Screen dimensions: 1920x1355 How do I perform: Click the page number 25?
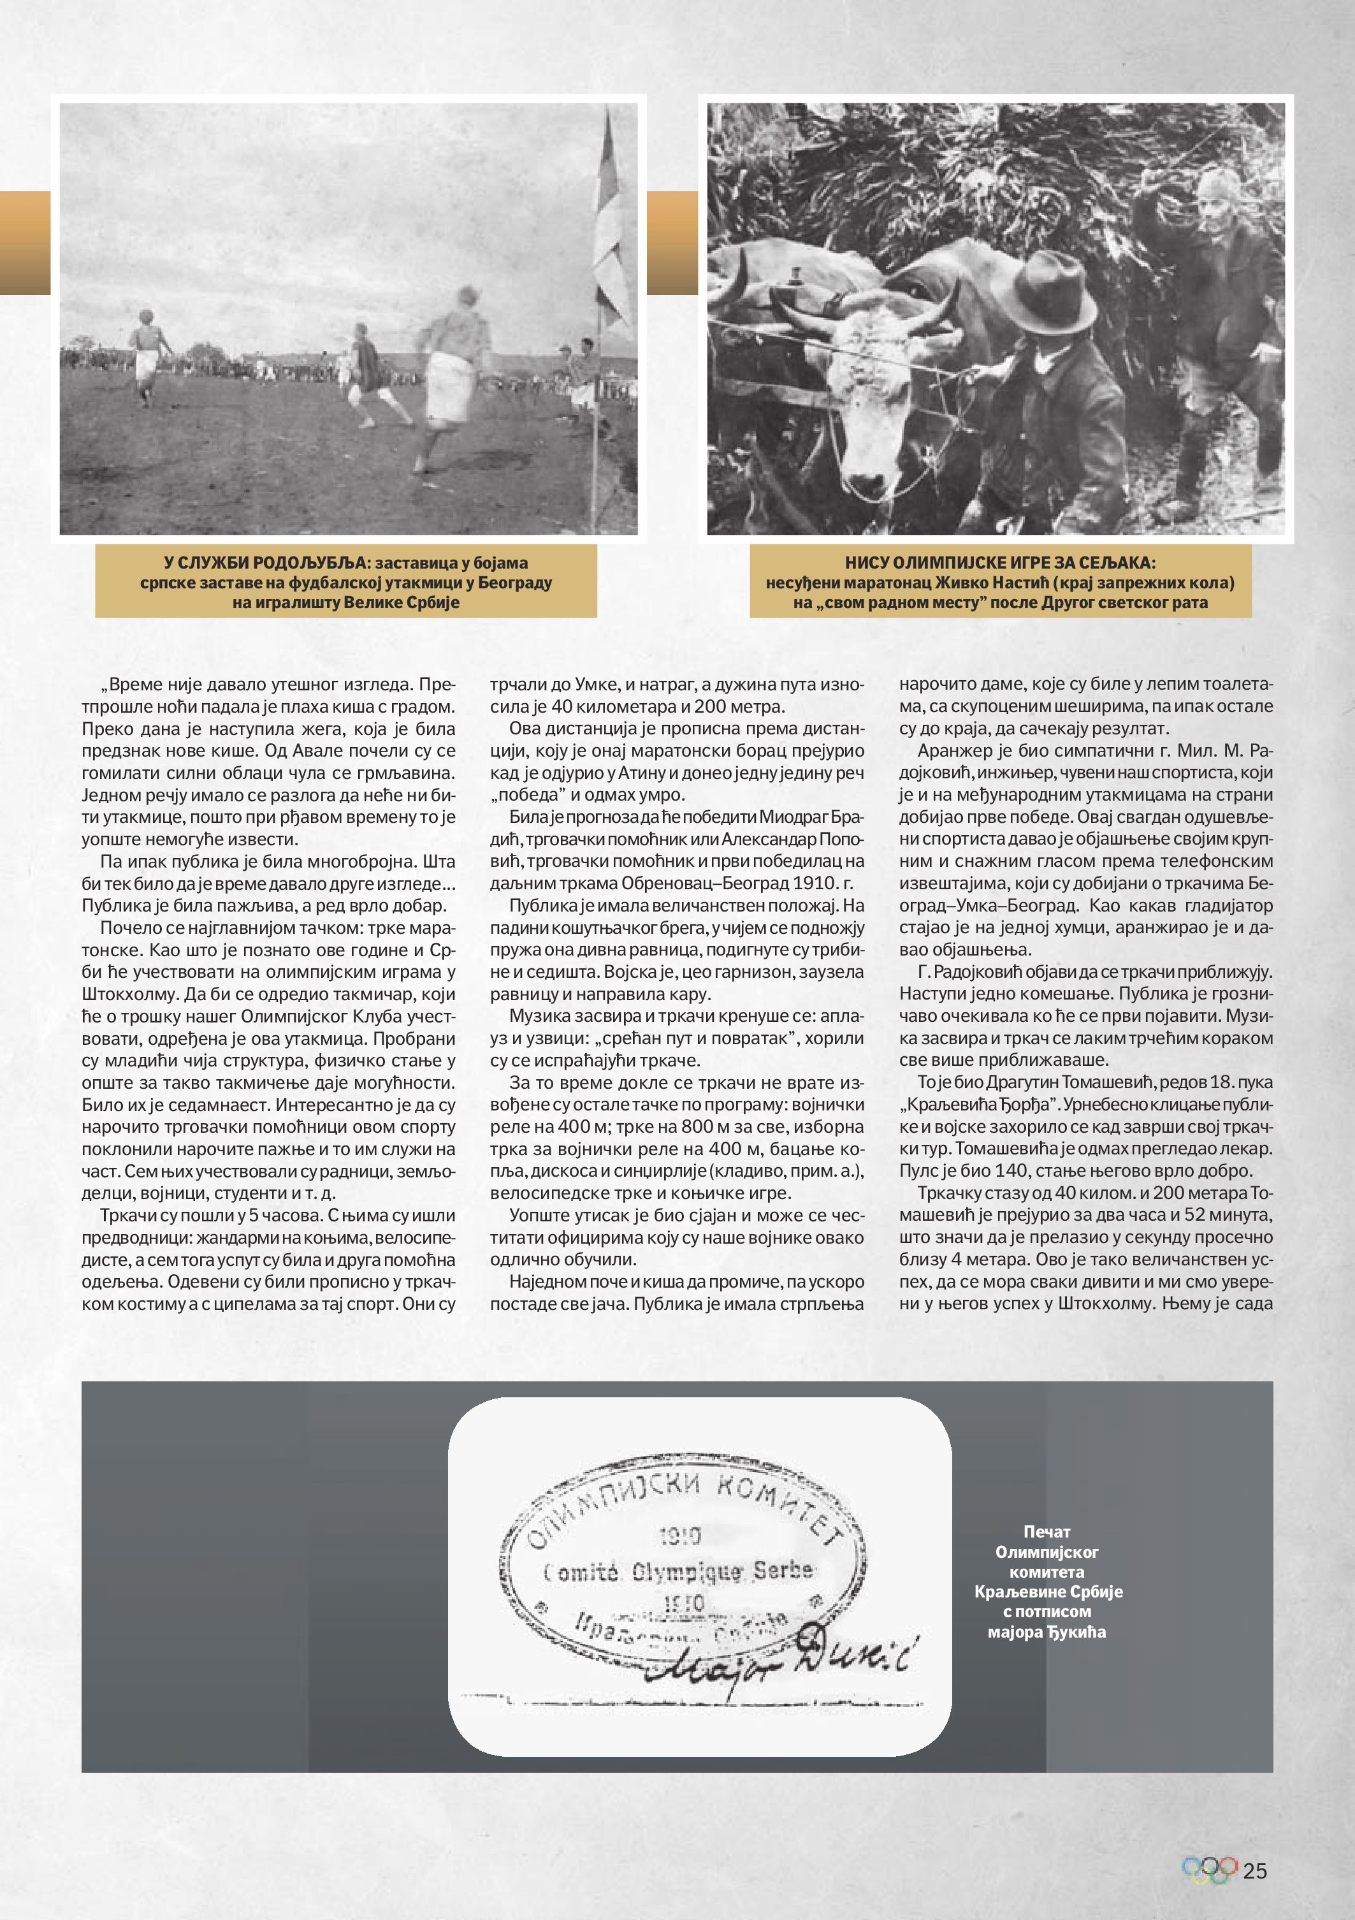point(1255,1871)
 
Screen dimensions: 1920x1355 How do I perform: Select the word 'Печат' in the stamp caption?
point(1047,1531)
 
